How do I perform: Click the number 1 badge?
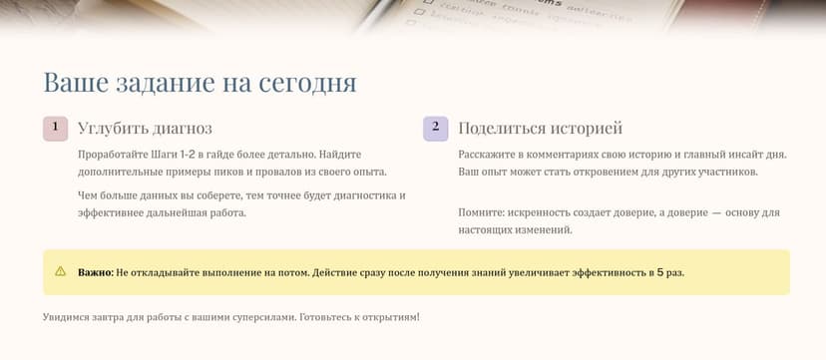click(x=55, y=129)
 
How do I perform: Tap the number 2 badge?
click(x=435, y=129)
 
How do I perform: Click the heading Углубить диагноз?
click(x=145, y=129)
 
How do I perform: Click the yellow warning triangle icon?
click(x=60, y=271)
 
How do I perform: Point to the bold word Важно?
click(x=95, y=271)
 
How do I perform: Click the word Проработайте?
click(x=111, y=155)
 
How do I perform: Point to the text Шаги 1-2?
click(x=172, y=155)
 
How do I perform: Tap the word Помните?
click(x=481, y=213)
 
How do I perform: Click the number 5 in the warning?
click(x=659, y=271)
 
